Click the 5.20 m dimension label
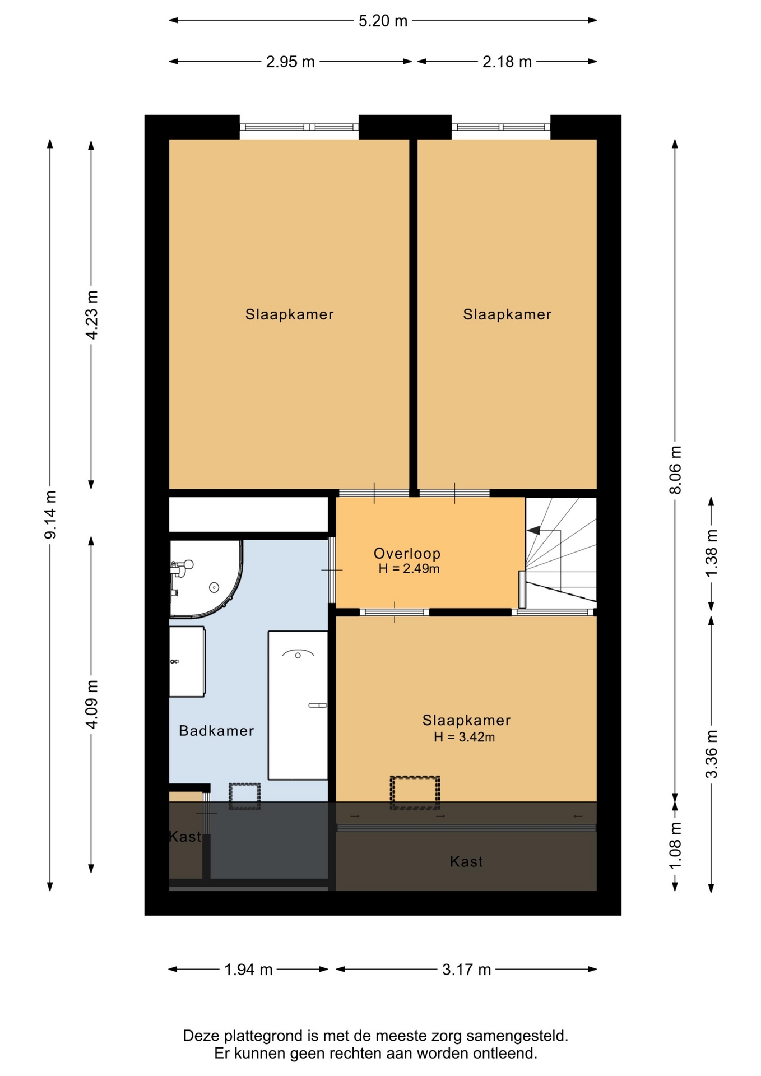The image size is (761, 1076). click(383, 21)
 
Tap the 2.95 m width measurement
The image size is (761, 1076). click(290, 62)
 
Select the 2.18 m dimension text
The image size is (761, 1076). click(507, 62)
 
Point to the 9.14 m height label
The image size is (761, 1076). click(50, 514)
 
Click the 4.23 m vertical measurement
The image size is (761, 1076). click(91, 315)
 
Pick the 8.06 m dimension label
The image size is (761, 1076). click(675, 470)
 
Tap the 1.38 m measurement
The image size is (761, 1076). click(711, 553)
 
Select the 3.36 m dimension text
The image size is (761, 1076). click(711, 754)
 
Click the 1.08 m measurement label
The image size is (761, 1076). click(675, 846)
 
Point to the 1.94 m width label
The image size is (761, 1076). click(248, 970)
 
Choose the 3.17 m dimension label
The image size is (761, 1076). click(466, 970)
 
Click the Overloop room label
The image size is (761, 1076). click(407, 554)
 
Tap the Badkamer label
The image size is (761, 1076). click(216, 731)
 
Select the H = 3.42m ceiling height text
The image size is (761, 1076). click(465, 738)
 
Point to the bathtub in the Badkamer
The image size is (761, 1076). click(298, 705)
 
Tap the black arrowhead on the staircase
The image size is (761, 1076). click(533, 530)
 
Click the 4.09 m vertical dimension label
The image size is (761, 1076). click(91, 704)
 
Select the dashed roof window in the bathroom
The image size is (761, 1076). click(245, 796)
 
